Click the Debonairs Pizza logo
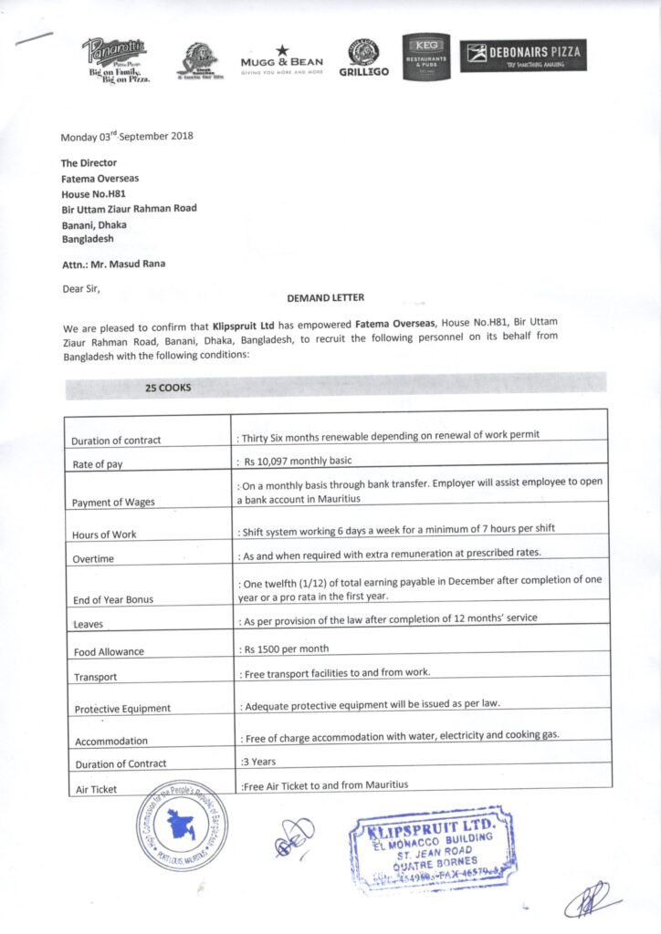(x=523, y=56)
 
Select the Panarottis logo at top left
(x=115, y=59)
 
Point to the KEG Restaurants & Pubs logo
(x=426, y=57)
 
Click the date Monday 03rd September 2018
(x=127, y=137)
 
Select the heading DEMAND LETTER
(x=326, y=297)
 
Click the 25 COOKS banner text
(x=168, y=388)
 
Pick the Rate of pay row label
(x=98, y=464)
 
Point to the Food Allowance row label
(x=110, y=652)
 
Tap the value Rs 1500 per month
(x=285, y=649)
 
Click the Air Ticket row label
(x=96, y=789)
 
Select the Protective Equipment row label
(x=122, y=708)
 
